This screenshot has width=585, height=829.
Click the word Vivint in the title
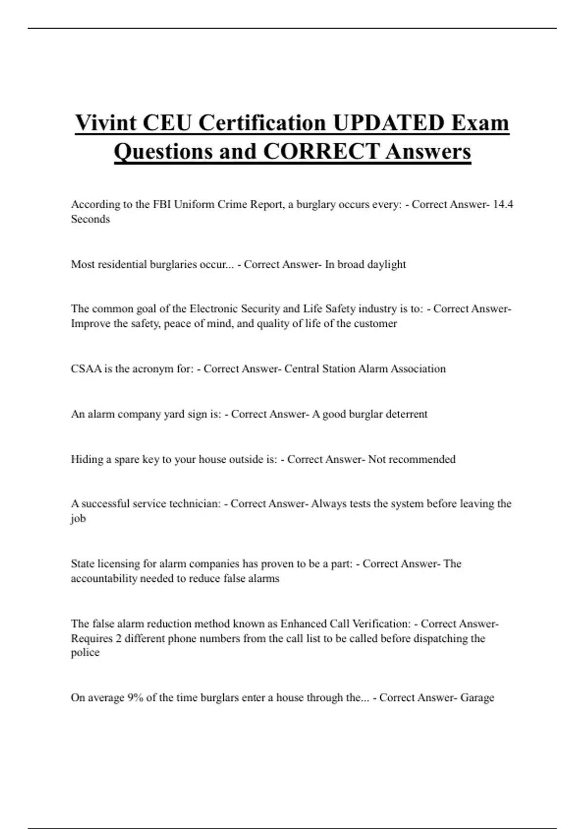click(106, 122)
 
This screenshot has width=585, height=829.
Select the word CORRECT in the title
click(321, 151)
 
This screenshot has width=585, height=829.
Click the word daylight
click(386, 264)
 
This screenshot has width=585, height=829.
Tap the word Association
click(418, 369)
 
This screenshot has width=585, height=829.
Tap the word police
click(85, 653)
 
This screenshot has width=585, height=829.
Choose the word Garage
click(477, 698)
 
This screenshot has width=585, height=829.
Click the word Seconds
click(90, 219)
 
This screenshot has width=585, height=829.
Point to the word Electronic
click(213, 309)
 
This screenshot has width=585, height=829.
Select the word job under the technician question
click(78, 519)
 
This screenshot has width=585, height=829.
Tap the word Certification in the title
click(262, 122)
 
